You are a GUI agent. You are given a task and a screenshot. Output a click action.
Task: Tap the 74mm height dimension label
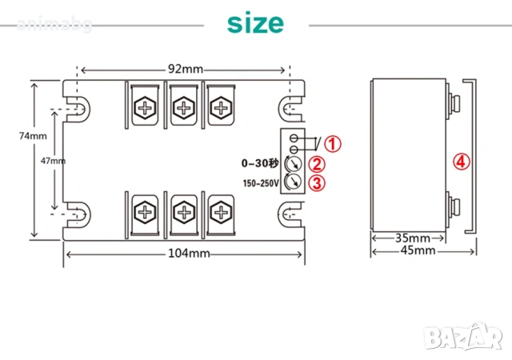pos(33,136)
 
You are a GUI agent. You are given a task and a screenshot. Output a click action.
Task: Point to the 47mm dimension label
pos(52,161)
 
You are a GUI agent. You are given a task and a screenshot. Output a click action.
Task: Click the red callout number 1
pos(332,144)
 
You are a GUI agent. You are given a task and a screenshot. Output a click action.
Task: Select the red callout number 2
pos(317,164)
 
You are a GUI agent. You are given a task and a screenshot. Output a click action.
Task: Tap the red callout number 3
pos(317,182)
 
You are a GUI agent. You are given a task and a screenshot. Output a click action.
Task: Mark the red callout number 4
pos(460,161)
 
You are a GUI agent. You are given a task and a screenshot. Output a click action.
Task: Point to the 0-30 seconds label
pos(260,163)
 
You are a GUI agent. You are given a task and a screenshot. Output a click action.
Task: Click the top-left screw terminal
pos(146,107)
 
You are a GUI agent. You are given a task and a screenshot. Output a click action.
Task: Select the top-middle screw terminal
pos(183,107)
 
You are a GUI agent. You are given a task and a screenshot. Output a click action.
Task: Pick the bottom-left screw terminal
pos(146,213)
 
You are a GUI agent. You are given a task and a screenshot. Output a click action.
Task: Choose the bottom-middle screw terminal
pos(183,213)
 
